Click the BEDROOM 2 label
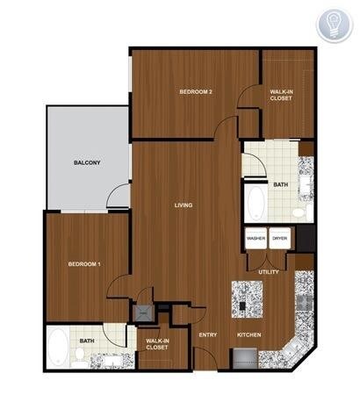pyautogui.click(x=198, y=91)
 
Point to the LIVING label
pyautogui.click(x=184, y=205)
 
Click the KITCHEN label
pyautogui.click(x=249, y=335)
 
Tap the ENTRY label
pyautogui.click(x=208, y=335)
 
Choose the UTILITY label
pyautogui.click(x=269, y=272)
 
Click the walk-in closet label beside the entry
pyautogui.click(x=157, y=344)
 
